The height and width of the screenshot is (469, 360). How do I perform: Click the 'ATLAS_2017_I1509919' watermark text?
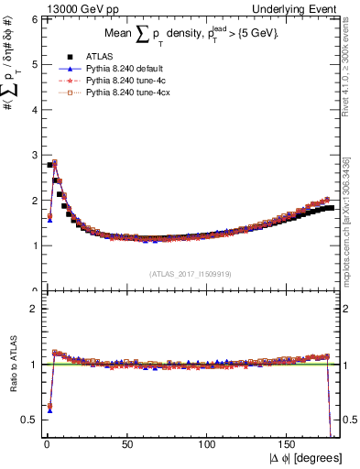coord(190,274)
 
